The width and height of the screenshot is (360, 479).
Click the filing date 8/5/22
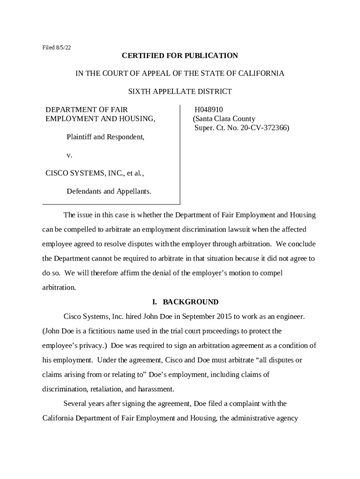pos(63,48)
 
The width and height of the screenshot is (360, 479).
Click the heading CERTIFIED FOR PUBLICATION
pos(180,56)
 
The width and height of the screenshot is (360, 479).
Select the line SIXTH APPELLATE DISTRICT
pos(180,91)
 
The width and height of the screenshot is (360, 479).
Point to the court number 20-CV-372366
pos(265,127)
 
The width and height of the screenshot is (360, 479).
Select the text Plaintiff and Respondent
pos(105,137)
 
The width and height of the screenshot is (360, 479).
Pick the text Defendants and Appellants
pos(109,191)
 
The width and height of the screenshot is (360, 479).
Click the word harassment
pos(155,389)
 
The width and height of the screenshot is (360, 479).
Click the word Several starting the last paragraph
pos(76,403)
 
